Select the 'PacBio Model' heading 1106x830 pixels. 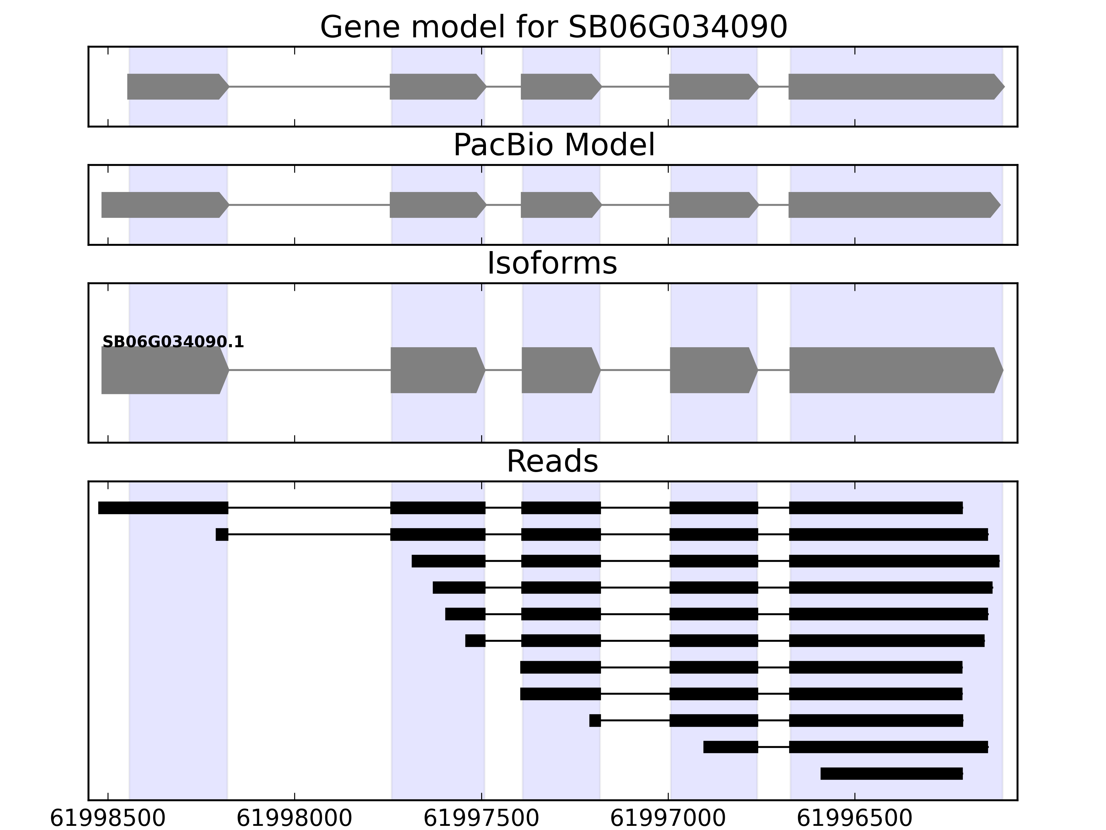[x=553, y=146]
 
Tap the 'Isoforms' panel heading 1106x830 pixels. [x=552, y=264]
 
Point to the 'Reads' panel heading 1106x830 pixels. [x=552, y=462]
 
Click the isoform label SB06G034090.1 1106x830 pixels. [x=173, y=342]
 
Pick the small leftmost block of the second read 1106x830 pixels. [x=222, y=534]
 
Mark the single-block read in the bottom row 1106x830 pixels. [x=891, y=774]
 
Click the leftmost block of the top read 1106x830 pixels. [x=163, y=508]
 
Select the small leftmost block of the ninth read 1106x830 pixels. [x=595, y=720]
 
